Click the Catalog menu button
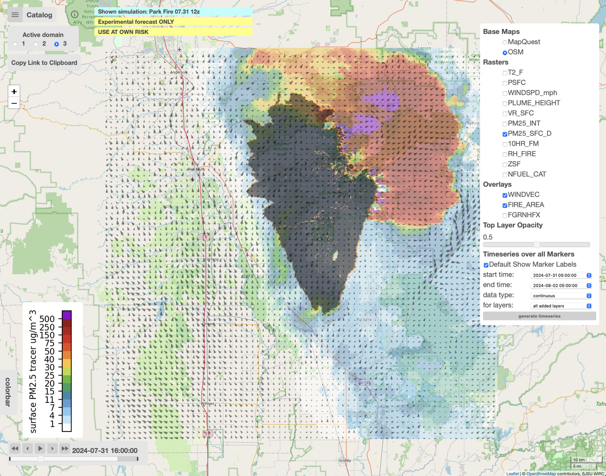click(32, 15)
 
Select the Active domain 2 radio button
click(36, 44)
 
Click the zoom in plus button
click(14, 92)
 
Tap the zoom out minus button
click(14, 103)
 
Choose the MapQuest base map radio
click(505, 42)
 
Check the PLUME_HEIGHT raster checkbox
click(505, 103)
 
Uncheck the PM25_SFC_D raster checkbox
click(505, 134)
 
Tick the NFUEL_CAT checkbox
click(505, 175)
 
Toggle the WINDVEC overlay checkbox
click(505, 195)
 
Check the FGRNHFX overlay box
click(505, 215)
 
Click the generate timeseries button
click(539, 316)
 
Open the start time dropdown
click(560, 275)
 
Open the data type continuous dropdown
click(560, 296)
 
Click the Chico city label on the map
click(305, 331)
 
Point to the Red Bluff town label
click(196, 169)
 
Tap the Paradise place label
click(364, 319)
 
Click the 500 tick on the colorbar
click(47, 319)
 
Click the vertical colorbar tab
click(8, 392)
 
